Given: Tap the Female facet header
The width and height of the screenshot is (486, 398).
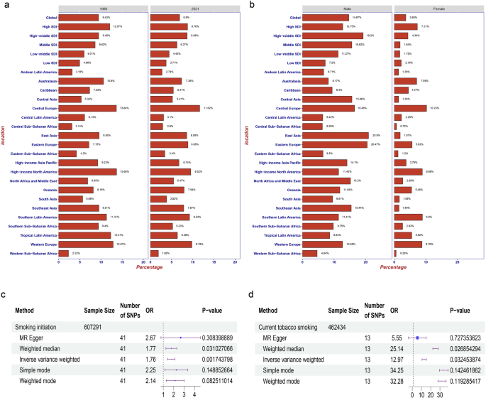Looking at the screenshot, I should pyautogui.click(x=436, y=8).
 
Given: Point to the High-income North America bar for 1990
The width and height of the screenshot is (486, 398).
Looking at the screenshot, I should pyautogui.click(x=87, y=171).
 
